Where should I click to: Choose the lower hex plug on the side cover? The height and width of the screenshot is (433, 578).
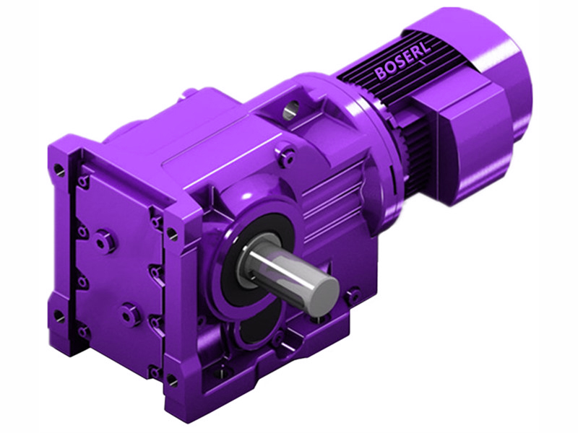[x=130, y=314]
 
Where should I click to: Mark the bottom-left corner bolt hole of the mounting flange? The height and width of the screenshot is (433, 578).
[x=59, y=316]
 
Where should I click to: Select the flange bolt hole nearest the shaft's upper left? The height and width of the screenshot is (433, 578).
[x=172, y=233]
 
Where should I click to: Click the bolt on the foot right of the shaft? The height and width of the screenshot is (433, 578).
[x=353, y=296]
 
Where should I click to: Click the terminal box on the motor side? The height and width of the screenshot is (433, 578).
[x=462, y=144]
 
